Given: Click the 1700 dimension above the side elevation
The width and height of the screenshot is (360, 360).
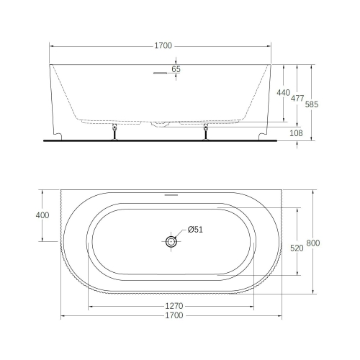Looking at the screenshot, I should (x=163, y=46).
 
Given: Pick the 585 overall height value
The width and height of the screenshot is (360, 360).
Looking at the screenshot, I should (x=312, y=103).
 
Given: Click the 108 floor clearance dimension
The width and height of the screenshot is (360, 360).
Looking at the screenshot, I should (x=296, y=133).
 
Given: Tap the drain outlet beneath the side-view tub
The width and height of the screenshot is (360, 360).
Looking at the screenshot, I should (x=161, y=125).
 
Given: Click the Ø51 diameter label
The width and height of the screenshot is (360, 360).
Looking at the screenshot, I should (x=196, y=230).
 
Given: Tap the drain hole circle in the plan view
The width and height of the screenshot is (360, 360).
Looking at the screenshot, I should (x=171, y=242).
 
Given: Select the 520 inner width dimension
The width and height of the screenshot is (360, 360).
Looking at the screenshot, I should (x=296, y=247).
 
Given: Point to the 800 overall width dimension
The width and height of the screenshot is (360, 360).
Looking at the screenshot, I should (x=312, y=243).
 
